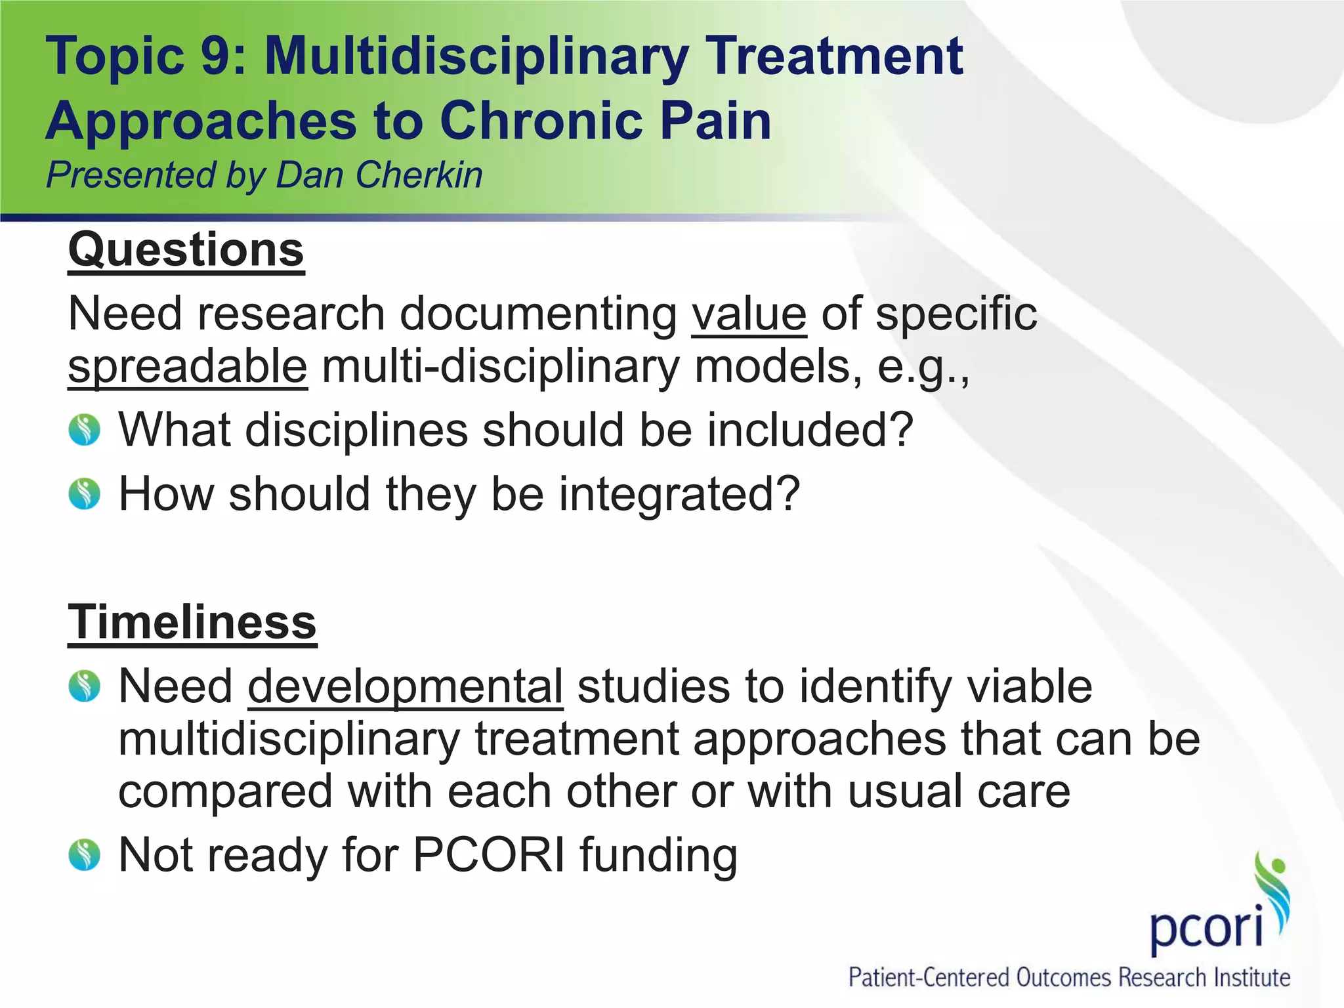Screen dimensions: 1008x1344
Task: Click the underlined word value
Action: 749,314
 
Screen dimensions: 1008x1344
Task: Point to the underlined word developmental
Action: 406,686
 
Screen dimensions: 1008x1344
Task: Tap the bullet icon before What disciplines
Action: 85,430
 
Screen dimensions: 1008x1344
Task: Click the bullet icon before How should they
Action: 85,493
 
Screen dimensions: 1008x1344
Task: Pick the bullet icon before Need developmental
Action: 85,686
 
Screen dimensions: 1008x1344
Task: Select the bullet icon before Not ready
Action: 85,855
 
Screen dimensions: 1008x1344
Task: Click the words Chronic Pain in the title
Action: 605,121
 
